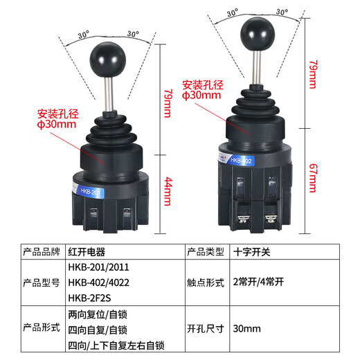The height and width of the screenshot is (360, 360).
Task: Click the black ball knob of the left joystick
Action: pos(108,60)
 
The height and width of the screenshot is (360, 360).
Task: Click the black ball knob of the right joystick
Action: pos(258,34)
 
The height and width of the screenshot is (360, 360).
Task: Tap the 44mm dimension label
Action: pos(168,191)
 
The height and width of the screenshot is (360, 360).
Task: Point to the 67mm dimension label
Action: pos(313,178)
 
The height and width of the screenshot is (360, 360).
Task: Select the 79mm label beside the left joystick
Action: pos(168,103)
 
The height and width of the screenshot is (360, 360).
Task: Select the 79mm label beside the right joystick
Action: pos(313,74)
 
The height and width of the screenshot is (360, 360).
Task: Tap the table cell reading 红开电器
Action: pos(87,252)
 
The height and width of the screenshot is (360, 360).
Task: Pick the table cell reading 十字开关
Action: pos(251,252)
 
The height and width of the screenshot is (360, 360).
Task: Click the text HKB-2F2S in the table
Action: pos(89,298)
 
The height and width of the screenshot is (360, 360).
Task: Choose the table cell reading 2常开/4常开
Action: pos(258,282)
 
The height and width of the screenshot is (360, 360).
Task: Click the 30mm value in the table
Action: pos(247,329)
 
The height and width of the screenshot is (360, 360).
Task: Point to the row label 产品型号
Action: pos(42,282)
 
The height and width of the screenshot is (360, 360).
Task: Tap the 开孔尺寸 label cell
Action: pos(206,329)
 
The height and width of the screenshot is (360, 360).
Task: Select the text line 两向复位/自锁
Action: pos(98,314)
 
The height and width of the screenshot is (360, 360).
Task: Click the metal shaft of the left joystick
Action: pos(109,94)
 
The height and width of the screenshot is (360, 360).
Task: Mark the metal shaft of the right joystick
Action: pos(256,67)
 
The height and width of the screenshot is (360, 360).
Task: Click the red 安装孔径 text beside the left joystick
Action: pos(58,114)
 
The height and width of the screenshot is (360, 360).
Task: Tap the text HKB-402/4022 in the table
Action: pos(99,282)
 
